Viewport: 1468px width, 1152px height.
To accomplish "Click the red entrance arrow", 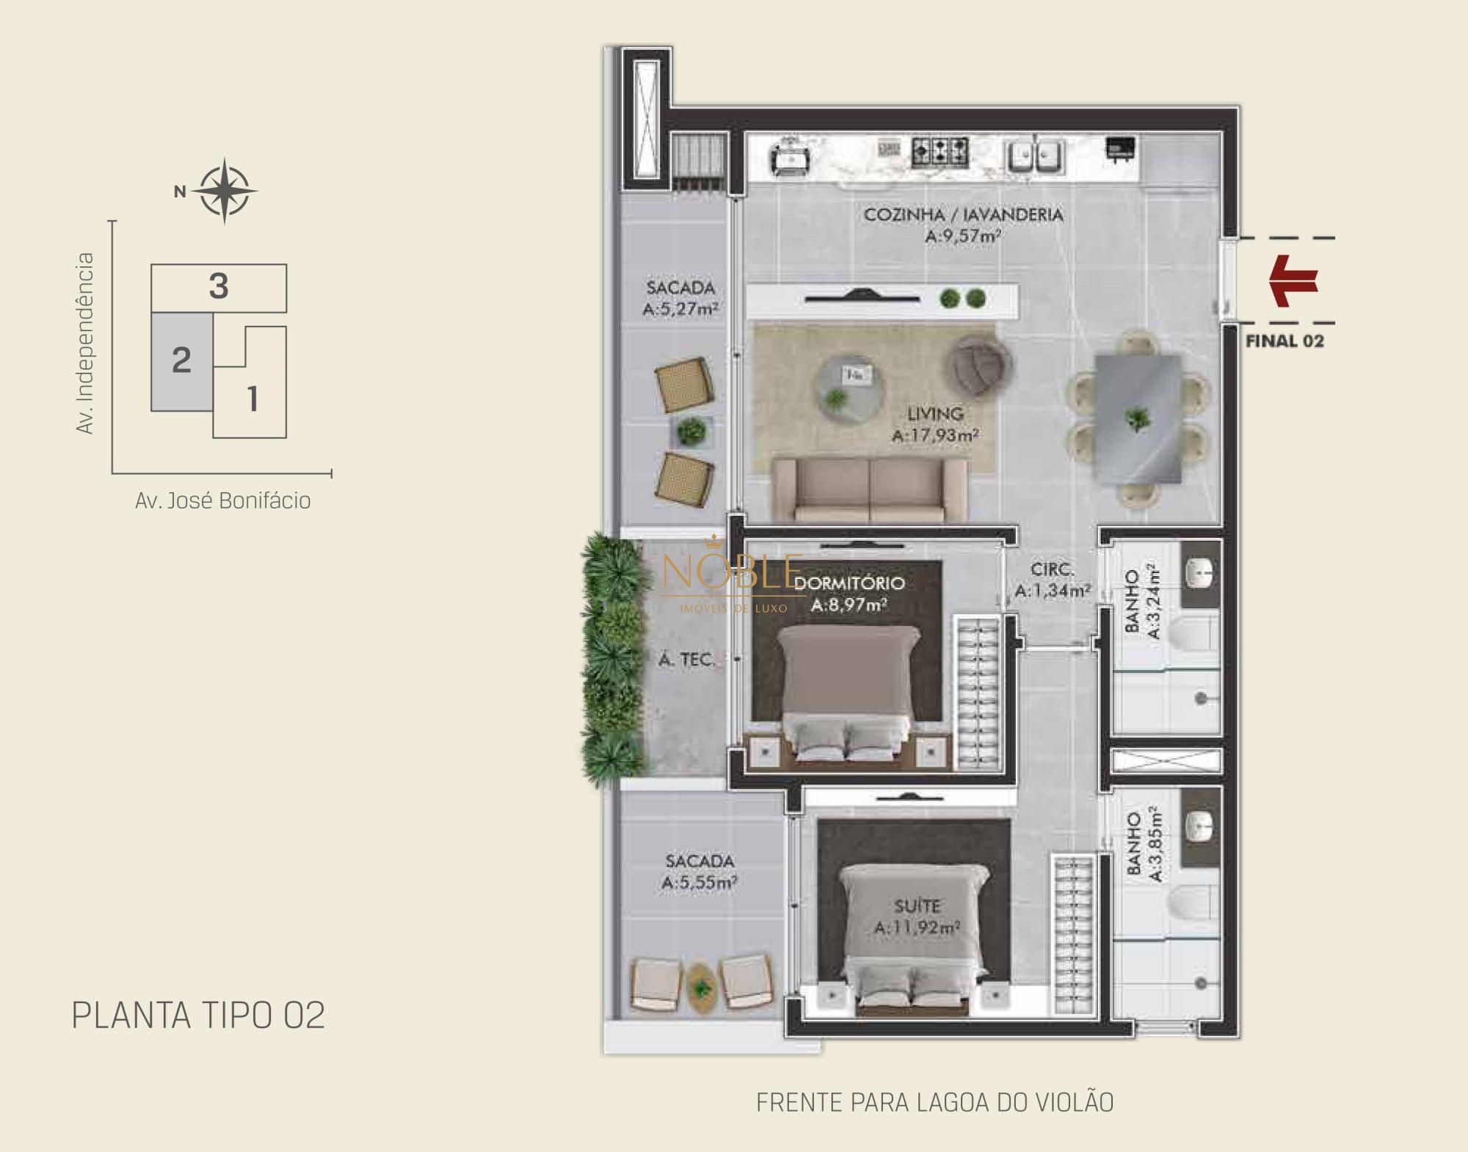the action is pos(1294,280).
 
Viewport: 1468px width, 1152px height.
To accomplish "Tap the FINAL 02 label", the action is pos(1284,341).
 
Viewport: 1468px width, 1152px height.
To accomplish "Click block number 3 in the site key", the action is pos(219,287).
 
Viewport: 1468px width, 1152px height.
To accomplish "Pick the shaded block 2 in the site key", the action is pos(181,361).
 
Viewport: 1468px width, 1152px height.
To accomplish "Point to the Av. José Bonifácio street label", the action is pos(222,501).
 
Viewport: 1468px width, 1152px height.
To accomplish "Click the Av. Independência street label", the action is pos(86,343).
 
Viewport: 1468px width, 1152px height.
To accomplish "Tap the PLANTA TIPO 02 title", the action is pos(198,1016).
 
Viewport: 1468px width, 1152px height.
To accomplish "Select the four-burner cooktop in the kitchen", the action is pos(940,152).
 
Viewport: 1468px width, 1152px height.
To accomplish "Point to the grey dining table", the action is pos(1138,418).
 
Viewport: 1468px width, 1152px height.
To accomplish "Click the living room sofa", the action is pos(869,491).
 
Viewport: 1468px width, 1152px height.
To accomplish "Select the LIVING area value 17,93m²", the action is pos(936,435).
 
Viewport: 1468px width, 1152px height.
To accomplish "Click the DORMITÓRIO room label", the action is pos(849,583).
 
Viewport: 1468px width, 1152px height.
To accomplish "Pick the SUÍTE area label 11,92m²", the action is pos(917,928).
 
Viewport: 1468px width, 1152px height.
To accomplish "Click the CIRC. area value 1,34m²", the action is pos(1053,591).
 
